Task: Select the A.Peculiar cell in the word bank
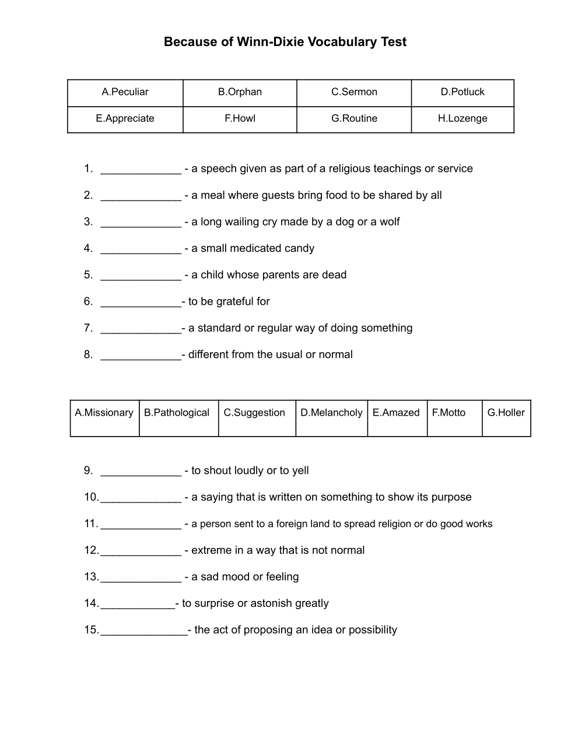[x=125, y=92]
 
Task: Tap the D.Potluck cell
[x=463, y=92]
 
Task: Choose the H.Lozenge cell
[x=463, y=118]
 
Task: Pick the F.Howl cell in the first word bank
[x=240, y=118]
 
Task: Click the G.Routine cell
[x=354, y=118]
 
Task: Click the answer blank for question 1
[x=141, y=170]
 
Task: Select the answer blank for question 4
[x=141, y=249]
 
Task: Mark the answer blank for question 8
[x=141, y=356]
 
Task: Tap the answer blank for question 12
[x=141, y=551]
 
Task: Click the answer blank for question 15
[x=143, y=631]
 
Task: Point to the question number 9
[x=88, y=470]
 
